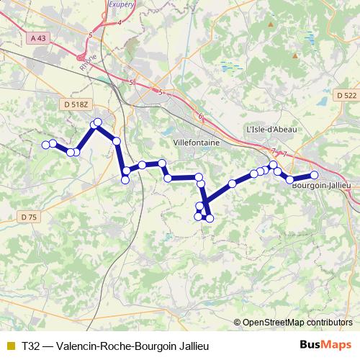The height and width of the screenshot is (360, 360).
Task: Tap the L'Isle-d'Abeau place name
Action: click(x=271, y=129)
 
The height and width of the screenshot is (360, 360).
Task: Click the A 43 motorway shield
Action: click(x=39, y=38)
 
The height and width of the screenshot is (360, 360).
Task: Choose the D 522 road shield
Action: click(x=346, y=95)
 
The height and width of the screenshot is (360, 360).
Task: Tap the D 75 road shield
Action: click(x=29, y=216)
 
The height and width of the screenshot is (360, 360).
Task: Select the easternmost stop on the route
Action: click(x=314, y=175)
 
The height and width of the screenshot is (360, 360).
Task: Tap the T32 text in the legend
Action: click(x=31, y=346)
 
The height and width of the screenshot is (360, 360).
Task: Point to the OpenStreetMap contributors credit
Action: click(x=297, y=323)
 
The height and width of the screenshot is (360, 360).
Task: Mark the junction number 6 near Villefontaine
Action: click(x=200, y=117)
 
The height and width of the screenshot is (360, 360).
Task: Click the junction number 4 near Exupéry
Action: click(x=119, y=22)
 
